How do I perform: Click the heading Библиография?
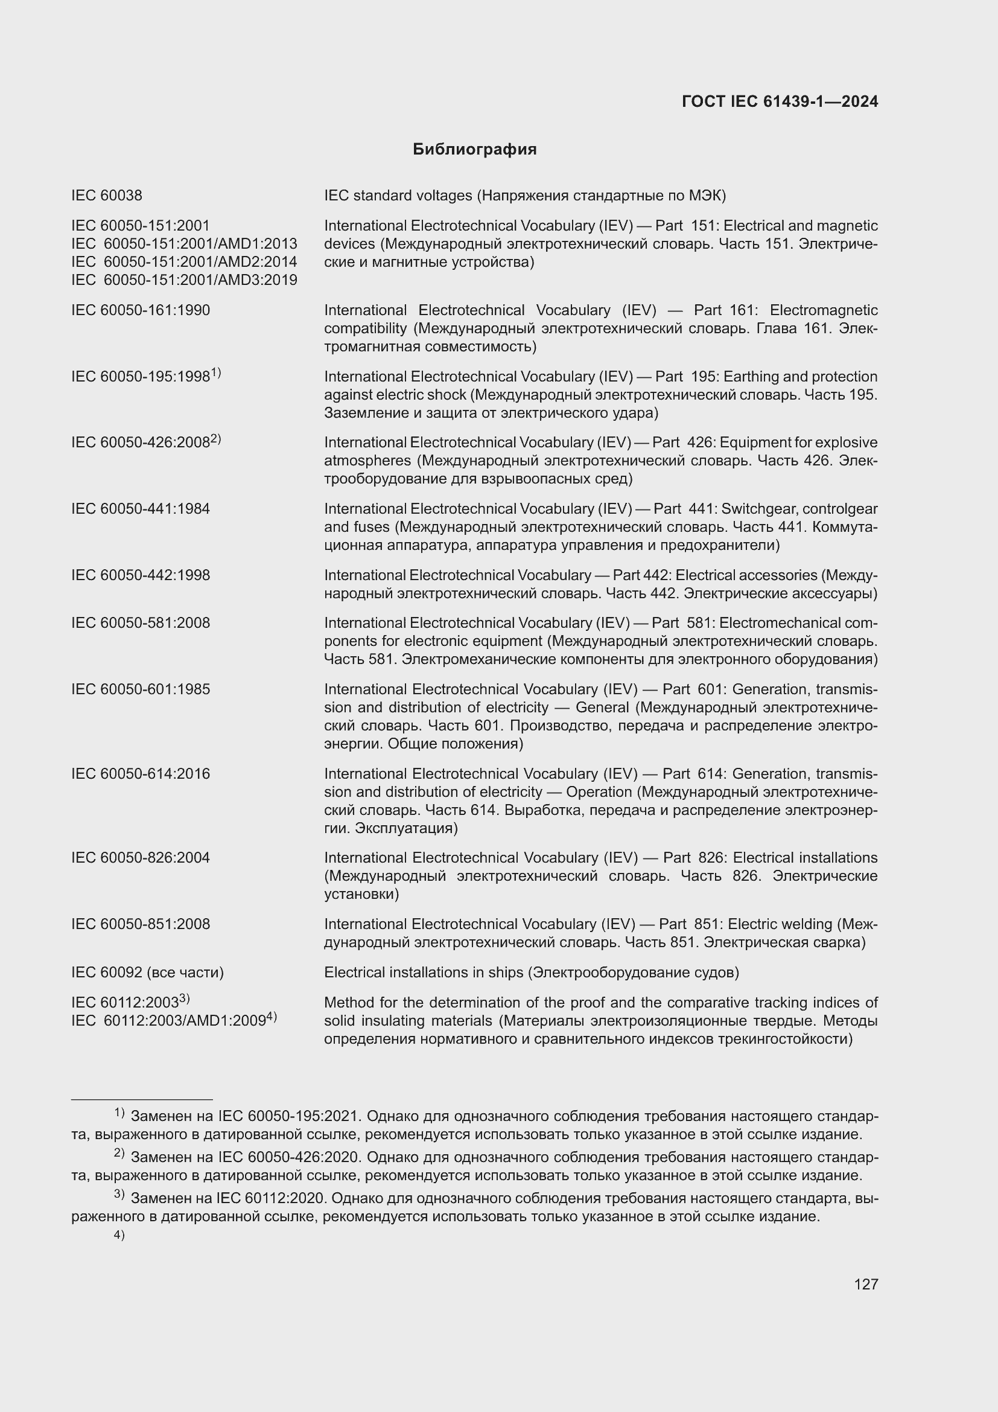point(474,150)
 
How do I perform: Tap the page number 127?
point(865,1283)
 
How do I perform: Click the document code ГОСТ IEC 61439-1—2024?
point(779,101)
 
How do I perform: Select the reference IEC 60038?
point(106,196)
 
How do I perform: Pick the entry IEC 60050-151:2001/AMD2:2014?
point(184,262)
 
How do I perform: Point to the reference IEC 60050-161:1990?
point(140,310)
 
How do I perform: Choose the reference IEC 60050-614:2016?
point(140,774)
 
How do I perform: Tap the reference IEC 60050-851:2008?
point(140,924)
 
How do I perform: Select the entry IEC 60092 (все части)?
point(147,973)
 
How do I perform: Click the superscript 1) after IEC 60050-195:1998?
point(215,372)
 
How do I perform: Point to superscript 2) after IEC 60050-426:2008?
point(215,439)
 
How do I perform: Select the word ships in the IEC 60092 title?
point(506,973)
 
